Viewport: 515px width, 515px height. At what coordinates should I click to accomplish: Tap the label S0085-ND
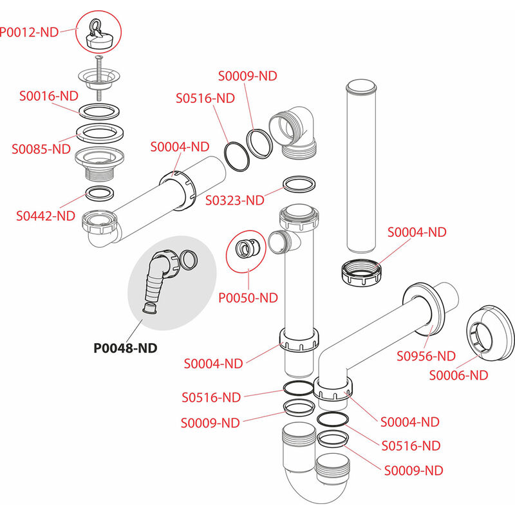41,148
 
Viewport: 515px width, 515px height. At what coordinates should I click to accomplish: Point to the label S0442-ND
46,216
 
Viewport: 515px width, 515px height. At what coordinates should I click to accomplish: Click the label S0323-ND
235,200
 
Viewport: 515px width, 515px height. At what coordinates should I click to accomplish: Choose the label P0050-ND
248,297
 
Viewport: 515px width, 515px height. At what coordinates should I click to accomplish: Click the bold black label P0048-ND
126,348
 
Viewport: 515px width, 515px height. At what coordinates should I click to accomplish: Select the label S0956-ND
426,355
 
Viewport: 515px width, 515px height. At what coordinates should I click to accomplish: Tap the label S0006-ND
458,375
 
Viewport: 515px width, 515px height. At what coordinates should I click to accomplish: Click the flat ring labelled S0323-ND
299,184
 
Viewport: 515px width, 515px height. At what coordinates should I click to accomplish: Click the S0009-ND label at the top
248,75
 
